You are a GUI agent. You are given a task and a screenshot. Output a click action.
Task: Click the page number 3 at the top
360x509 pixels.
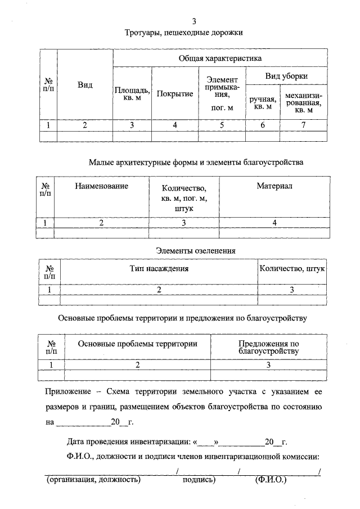click(193, 21)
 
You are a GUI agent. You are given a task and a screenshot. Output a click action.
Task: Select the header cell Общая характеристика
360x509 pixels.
click(220, 58)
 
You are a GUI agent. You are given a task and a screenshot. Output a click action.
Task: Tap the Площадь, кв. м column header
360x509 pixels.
click(132, 93)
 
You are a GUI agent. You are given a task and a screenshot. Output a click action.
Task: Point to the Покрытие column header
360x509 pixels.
click(175, 93)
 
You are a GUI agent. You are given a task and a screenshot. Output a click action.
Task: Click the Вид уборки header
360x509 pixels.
click(286, 76)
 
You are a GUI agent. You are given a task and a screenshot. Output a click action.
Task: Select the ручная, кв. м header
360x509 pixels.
click(263, 102)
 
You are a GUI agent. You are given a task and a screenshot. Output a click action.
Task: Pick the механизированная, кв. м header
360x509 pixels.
click(303, 102)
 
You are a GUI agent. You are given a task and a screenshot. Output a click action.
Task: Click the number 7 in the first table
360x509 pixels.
click(303, 125)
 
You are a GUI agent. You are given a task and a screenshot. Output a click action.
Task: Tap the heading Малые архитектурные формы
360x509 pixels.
click(196, 163)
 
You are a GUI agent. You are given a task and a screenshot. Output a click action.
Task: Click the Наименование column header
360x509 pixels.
click(101, 186)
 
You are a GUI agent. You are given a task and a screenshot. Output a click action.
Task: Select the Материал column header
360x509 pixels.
click(274, 186)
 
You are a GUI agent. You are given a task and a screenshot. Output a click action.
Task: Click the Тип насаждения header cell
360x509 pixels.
click(159, 269)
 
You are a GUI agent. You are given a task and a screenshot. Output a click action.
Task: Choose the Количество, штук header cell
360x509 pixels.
click(292, 269)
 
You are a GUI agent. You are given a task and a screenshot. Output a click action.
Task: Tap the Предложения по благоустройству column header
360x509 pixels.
click(268, 347)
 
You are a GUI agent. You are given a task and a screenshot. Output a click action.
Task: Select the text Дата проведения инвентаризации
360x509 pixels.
click(128, 442)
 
